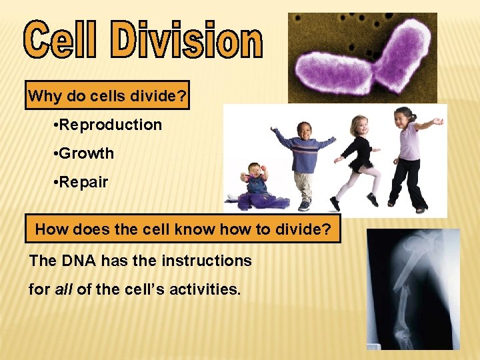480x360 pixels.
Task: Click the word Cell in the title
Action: tap(63, 41)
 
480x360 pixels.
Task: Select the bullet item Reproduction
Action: tap(110, 125)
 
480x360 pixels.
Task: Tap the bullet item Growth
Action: tap(86, 153)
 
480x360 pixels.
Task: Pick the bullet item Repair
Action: tap(83, 182)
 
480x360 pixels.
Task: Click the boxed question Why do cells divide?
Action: tap(107, 97)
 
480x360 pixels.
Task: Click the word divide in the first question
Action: tap(162, 97)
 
